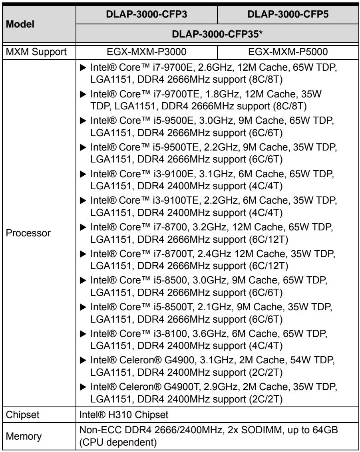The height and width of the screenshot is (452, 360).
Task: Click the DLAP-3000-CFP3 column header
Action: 147,14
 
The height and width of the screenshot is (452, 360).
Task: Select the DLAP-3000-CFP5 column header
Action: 288,14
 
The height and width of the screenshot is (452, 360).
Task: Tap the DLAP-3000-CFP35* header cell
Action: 217,34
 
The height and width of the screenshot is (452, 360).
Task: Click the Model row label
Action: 20,24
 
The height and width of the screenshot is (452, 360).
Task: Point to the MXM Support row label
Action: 36,52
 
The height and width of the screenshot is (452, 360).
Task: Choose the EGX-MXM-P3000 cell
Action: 147,52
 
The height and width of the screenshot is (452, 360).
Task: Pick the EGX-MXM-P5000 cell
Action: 288,52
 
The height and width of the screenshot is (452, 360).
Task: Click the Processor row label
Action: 28,233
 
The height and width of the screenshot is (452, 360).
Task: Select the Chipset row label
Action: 22,414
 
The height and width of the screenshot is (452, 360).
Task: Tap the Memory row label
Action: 24,436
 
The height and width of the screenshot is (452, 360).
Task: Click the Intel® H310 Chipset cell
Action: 124,414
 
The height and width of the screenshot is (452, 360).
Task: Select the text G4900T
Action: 182,387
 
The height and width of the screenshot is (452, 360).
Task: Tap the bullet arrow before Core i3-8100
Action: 83,334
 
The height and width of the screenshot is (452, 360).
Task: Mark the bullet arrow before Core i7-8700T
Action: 83,254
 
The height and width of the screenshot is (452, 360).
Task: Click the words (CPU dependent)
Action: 118,442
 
